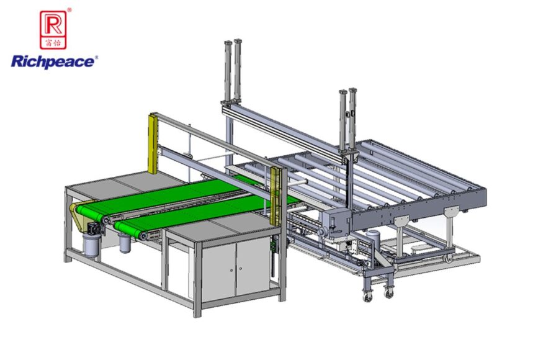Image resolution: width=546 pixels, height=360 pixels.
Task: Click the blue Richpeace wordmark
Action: click(52, 62)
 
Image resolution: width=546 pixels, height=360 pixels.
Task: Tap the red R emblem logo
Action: click(53, 30)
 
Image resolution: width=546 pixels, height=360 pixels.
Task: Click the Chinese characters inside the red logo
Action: click(53, 43)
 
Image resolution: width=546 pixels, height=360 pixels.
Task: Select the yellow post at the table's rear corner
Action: click(153, 143)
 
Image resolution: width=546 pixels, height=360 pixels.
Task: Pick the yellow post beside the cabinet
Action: click(275, 196)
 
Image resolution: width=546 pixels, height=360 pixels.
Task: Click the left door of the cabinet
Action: click(220, 271)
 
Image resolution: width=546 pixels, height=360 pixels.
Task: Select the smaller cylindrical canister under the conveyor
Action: click(124, 243)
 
